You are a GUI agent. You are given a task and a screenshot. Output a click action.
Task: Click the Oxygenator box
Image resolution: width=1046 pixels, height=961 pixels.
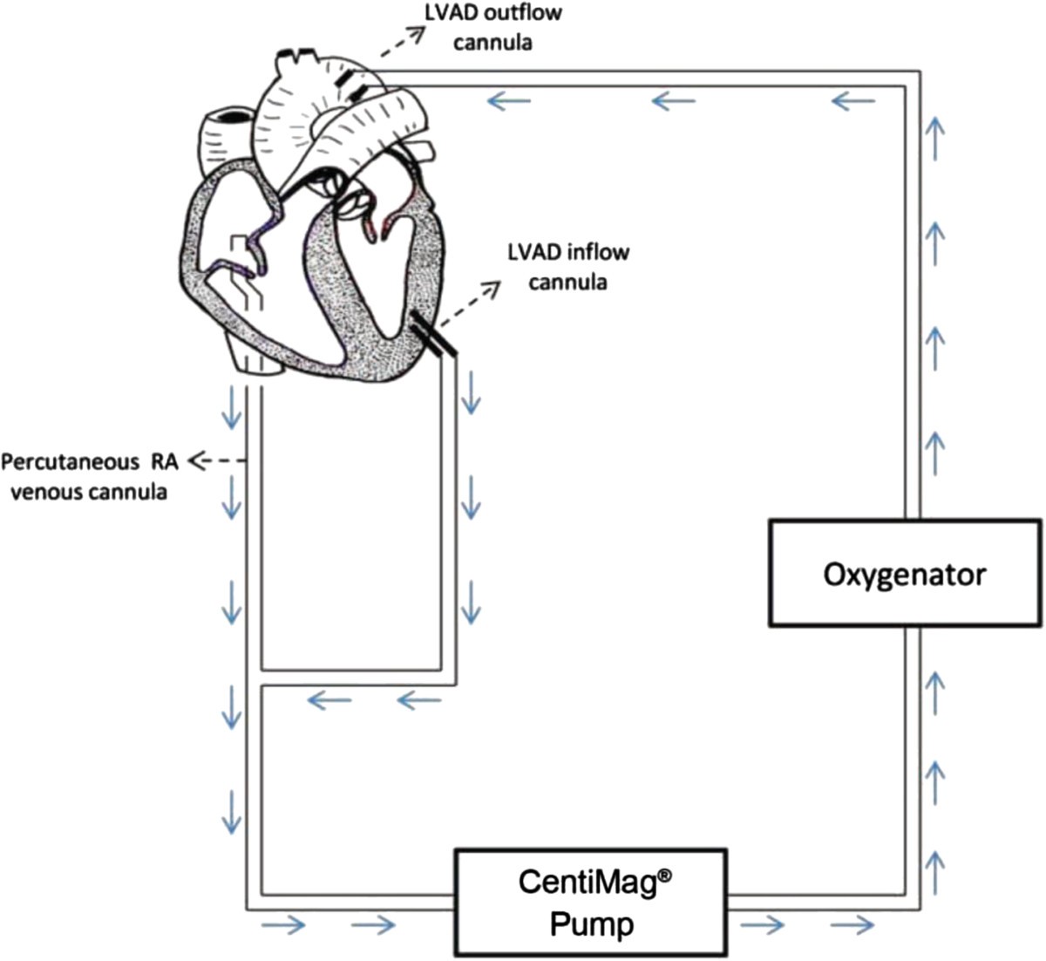click(904, 573)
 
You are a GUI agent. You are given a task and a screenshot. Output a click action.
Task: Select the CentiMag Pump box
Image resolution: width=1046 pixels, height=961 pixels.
click(592, 902)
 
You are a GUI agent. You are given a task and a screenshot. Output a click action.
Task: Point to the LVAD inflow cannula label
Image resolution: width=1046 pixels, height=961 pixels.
click(567, 267)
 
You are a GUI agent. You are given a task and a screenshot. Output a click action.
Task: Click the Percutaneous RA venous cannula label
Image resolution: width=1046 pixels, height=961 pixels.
click(89, 476)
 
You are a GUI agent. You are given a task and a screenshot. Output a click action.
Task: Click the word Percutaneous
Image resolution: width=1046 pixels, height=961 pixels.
click(67, 461)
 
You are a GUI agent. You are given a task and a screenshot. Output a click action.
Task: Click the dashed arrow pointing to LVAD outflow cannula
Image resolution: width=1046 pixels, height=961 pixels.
click(401, 43)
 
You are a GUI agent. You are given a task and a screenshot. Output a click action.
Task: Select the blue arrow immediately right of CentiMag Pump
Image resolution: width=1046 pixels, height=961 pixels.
click(761, 924)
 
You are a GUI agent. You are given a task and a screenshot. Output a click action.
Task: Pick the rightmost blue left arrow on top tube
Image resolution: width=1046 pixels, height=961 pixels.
click(853, 102)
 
